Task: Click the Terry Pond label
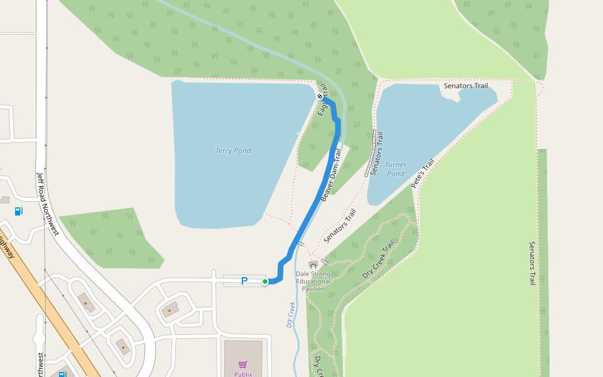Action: pyautogui.click(x=233, y=151)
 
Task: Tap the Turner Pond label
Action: pyautogui.click(x=396, y=169)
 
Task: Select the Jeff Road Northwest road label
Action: pyautogui.click(x=47, y=204)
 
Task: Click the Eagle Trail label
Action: pyautogui.click(x=323, y=100)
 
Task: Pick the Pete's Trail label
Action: pyautogui.click(x=423, y=174)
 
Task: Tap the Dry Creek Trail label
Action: pyautogui.click(x=379, y=260)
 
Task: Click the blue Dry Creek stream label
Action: pyautogui.click(x=290, y=315)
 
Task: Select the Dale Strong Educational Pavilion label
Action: pyautogui.click(x=313, y=281)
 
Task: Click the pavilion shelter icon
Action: pyautogui.click(x=313, y=265)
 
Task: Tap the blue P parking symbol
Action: pyautogui.click(x=244, y=281)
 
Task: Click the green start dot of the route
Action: pyautogui.click(x=265, y=281)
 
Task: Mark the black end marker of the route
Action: pyautogui.click(x=320, y=97)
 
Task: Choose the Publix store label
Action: pyautogui.click(x=243, y=374)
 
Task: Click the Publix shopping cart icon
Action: pyautogui.click(x=243, y=364)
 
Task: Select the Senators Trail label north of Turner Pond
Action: pyautogui.click(x=465, y=85)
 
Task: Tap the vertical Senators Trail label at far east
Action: pyautogui.click(x=531, y=264)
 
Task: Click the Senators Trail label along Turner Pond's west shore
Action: pyautogui.click(x=376, y=154)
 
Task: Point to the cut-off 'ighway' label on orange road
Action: pyautogui.click(x=6, y=246)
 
